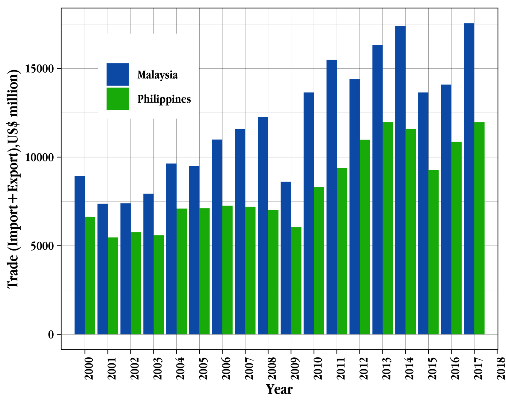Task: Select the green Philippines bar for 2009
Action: click(x=296, y=280)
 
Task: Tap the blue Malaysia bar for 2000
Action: click(x=80, y=255)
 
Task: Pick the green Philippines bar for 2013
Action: click(x=388, y=228)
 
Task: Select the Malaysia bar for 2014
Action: click(x=400, y=180)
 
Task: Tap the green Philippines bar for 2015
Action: click(x=433, y=252)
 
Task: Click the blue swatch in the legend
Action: click(x=118, y=74)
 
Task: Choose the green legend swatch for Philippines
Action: click(x=118, y=99)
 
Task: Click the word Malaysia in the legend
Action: click(x=157, y=75)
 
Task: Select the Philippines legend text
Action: click(x=164, y=99)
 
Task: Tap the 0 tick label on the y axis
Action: click(x=51, y=334)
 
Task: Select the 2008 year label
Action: click(x=272, y=368)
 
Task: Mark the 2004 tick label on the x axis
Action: click(x=180, y=368)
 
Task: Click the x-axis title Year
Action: click(x=279, y=389)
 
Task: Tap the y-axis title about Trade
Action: click(x=13, y=179)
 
